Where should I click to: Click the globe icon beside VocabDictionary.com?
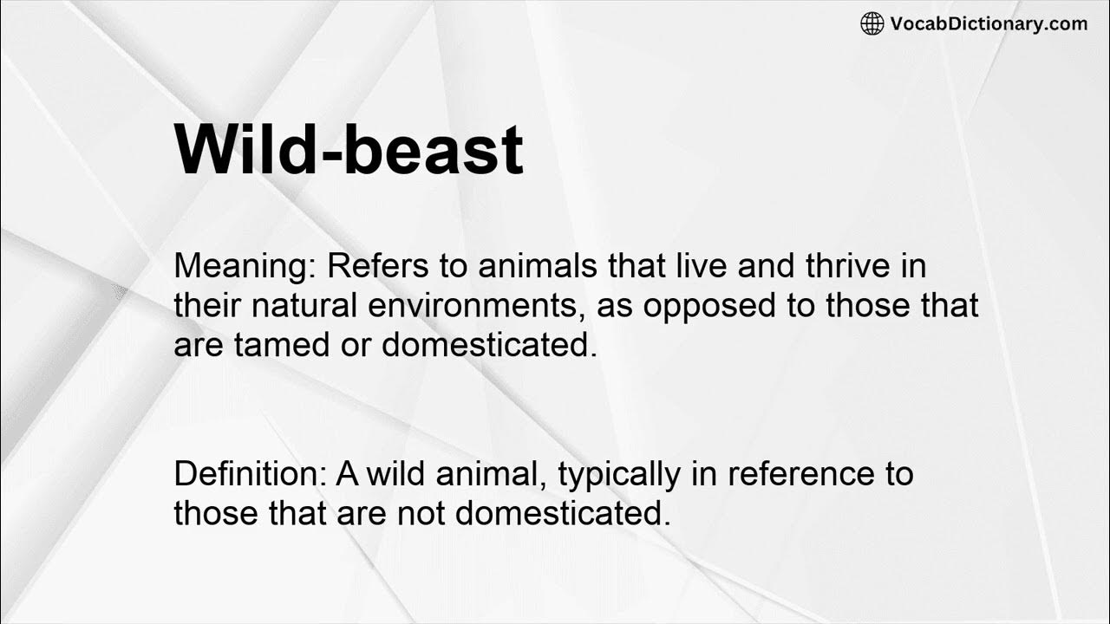tap(872, 24)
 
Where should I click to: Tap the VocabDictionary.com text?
tap(989, 24)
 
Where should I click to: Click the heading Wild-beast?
tap(349, 149)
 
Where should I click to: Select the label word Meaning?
tap(245, 266)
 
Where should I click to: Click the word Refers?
tap(376, 265)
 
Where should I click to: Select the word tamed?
tap(277, 345)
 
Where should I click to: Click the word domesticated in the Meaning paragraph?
tap(489, 345)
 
